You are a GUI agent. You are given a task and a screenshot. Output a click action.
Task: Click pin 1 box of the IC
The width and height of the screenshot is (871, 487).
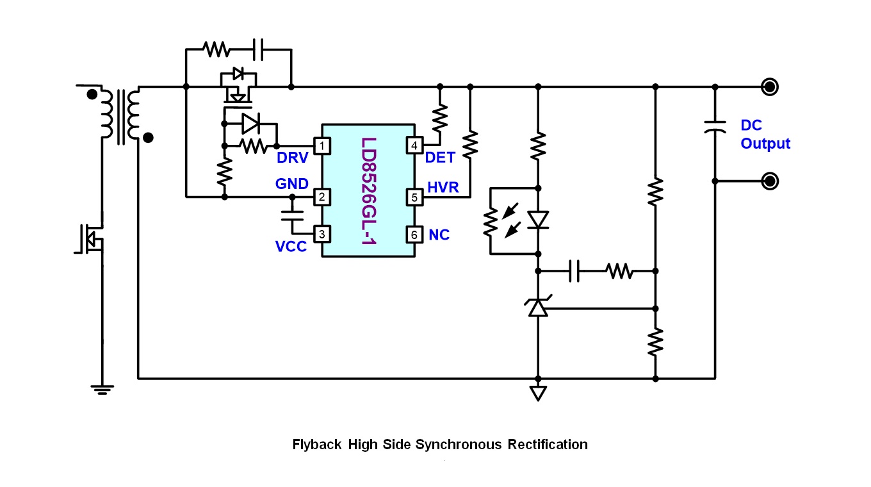tap(322, 146)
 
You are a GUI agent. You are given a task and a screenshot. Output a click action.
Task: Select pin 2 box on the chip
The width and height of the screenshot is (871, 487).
tap(322, 197)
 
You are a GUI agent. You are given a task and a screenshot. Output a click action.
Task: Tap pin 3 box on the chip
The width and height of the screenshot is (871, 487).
tap(322, 234)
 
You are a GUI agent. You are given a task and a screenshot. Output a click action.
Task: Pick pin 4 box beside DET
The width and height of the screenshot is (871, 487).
tap(414, 146)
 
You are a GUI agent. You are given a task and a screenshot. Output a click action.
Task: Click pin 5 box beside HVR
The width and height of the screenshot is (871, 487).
tap(414, 197)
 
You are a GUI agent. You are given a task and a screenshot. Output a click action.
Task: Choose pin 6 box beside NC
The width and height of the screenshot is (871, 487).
tap(414, 235)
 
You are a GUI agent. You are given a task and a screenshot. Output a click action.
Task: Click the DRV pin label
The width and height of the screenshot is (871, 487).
tap(293, 158)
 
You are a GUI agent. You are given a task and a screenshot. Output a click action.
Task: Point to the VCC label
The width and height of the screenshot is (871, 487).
tap(291, 246)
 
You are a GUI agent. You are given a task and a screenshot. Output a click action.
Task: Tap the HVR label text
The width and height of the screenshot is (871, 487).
tap(443, 188)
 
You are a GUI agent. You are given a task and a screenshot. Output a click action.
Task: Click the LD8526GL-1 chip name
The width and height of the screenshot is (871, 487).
tap(369, 191)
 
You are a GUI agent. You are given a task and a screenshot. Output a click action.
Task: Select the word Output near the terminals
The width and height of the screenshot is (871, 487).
tap(765, 144)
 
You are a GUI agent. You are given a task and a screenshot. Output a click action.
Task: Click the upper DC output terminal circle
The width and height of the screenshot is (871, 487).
tap(770, 87)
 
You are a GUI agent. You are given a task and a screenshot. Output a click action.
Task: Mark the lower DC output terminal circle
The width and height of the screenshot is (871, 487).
tap(770, 181)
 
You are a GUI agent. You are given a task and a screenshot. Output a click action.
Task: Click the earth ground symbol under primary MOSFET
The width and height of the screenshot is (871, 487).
tap(102, 390)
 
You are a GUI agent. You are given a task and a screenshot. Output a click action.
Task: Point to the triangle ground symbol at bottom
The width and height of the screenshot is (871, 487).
tap(538, 393)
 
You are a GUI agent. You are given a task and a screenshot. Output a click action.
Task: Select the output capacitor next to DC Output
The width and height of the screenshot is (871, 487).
tap(715, 127)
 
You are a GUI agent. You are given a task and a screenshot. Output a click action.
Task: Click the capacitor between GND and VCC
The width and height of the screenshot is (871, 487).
tap(292, 216)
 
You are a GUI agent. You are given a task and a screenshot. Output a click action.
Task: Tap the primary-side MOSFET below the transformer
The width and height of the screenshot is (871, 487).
tap(90, 238)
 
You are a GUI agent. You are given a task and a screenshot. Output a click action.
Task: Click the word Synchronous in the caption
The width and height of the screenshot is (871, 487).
tap(459, 444)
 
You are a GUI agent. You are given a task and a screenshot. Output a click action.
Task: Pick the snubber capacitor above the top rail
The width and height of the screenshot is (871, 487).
tap(258, 49)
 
